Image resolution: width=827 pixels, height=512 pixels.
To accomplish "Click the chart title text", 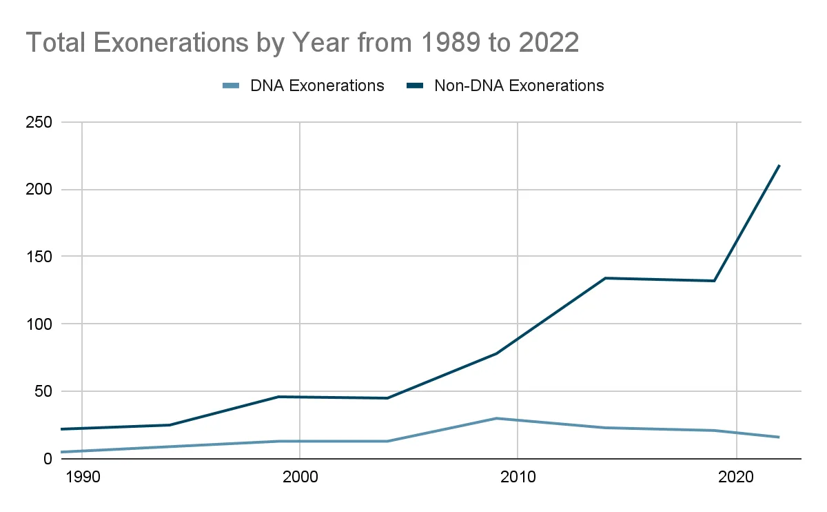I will [x=302, y=43].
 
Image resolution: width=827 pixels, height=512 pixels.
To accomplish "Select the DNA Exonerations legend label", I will [x=317, y=86].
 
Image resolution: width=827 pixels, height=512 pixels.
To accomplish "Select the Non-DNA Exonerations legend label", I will [x=519, y=86].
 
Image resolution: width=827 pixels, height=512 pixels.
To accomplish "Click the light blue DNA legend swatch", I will [x=231, y=86].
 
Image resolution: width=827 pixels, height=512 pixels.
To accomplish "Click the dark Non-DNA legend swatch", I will [x=415, y=86].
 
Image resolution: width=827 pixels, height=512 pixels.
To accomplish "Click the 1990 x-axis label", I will [x=81, y=477].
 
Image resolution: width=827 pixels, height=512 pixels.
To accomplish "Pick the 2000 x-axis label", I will [x=299, y=477].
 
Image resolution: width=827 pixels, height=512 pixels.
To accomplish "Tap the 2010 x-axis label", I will [x=518, y=477].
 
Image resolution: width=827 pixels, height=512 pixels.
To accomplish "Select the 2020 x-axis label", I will [x=736, y=477].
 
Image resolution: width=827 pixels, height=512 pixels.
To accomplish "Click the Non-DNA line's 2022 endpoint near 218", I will [x=779, y=166].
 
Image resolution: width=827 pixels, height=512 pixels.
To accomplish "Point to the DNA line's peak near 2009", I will [x=496, y=418].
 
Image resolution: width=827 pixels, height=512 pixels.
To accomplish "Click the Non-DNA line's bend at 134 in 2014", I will [x=604, y=278].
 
